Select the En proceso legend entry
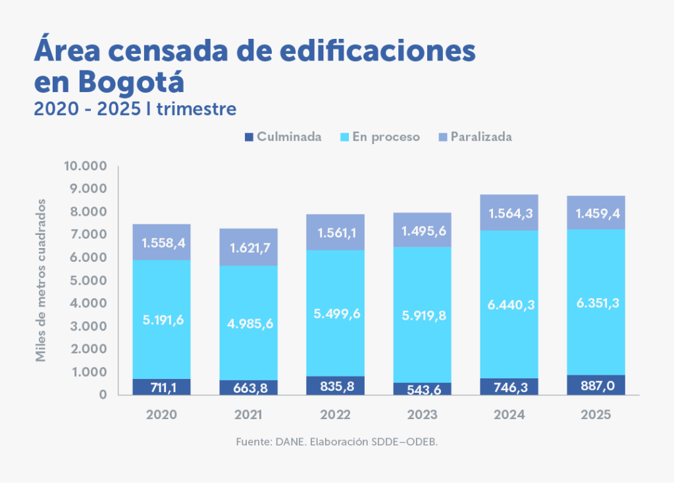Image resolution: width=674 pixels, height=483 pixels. pyautogui.click(x=380, y=137)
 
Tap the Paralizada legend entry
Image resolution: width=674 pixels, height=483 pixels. pyautogui.click(x=475, y=137)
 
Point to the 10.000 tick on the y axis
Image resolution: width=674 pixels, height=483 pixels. pyautogui.click(x=84, y=166)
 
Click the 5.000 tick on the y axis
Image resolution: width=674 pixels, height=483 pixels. pyautogui.click(x=88, y=280)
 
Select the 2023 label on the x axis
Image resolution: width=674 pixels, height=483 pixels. pyautogui.click(x=422, y=415)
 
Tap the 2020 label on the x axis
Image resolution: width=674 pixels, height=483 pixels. pyautogui.click(x=161, y=415)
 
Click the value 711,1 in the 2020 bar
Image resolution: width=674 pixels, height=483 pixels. pyautogui.click(x=161, y=387)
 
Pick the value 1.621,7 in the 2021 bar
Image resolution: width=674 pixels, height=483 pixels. pyautogui.click(x=248, y=248)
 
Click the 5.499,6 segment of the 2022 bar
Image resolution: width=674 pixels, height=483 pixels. pyautogui.click(x=335, y=314)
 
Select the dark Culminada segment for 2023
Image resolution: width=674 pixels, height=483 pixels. pyautogui.click(x=422, y=389)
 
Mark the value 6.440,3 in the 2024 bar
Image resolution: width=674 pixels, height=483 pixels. pyautogui.click(x=509, y=304)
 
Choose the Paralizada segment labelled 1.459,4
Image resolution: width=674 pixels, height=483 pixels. pyautogui.click(x=596, y=213)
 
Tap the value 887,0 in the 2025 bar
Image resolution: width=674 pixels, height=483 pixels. pyautogui.click(x=596, y=386)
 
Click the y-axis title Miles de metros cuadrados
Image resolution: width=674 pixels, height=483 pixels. pyautogui.click(x=41, y=279)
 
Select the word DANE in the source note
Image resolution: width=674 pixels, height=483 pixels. pyautogui.click(x=287, y=442)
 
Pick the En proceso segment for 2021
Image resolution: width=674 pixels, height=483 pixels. pyautogui.click(x=248, y=322)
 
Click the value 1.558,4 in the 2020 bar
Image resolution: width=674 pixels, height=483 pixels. pyautogui.click(x=161, y=243)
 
